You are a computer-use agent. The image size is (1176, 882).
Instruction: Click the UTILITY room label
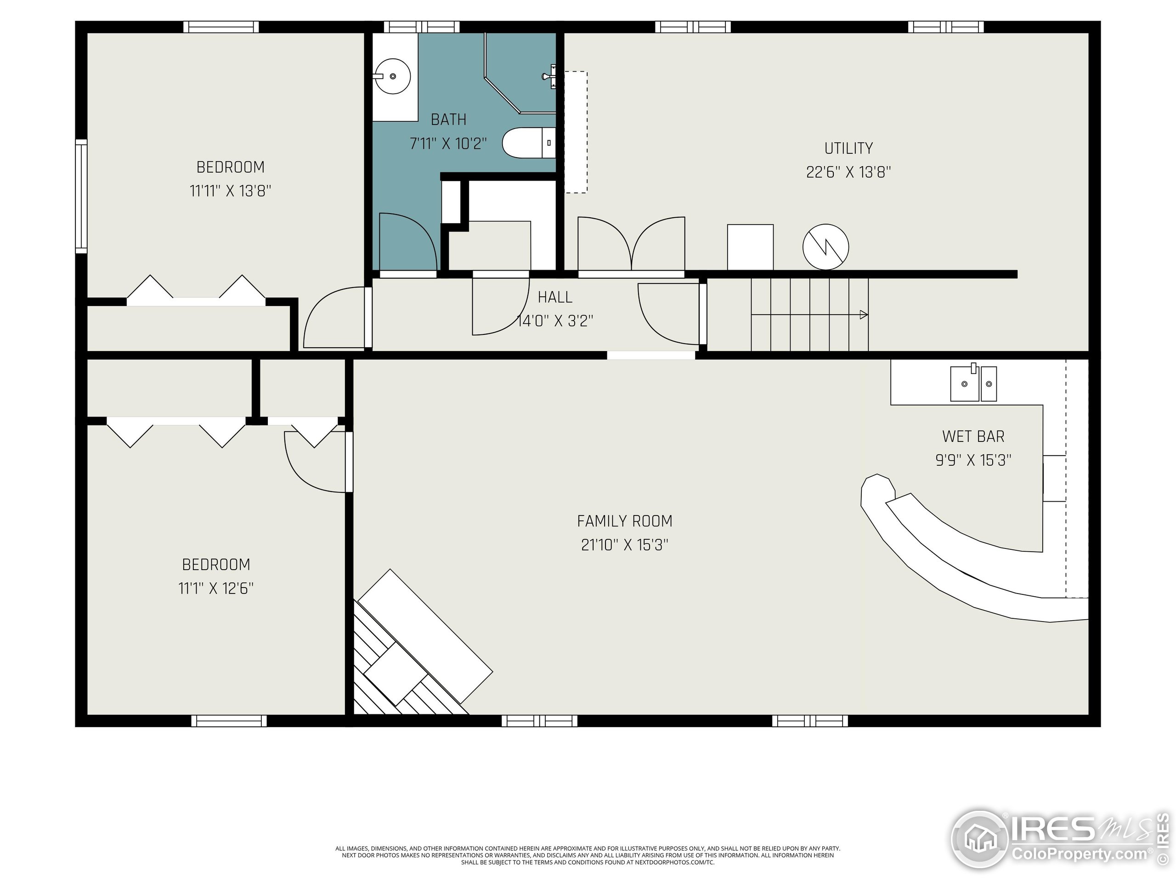(848, 148)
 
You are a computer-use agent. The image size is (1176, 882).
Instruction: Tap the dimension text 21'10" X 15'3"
(625, 545)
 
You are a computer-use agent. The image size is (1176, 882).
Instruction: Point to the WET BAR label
(973, 436)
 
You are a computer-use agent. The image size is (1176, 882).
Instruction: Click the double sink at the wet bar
(973, 383)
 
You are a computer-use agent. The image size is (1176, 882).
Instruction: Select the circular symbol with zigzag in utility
(825, 247)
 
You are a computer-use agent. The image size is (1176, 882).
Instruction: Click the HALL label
(555, 297)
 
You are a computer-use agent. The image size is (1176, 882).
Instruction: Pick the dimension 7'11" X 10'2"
(448, 143)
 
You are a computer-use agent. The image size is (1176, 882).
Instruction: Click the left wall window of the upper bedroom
(81, 196)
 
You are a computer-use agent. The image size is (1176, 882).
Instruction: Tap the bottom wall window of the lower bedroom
(229, 721)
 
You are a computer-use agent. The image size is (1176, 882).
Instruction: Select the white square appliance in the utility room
(750, 247)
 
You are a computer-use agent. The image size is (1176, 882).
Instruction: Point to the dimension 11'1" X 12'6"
(216, 588)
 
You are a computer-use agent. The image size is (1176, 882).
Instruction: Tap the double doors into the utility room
(631, 244)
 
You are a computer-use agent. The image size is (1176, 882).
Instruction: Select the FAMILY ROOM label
(625, 521)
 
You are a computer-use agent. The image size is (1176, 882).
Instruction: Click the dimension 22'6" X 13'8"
(848, 172)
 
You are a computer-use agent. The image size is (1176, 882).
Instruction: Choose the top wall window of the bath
(422, 27)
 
